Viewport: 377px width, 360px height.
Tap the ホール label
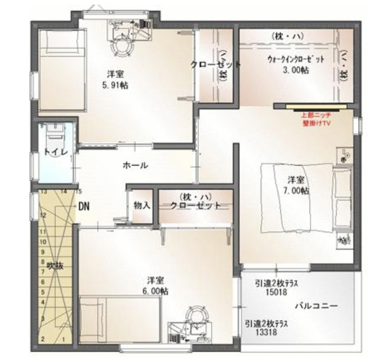click(x=136, y=165)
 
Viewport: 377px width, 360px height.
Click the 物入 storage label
click(x=141, y=206)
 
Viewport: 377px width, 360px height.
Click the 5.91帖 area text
click(x=115, y=85)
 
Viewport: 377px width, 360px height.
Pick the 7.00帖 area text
click(x=297, y=190)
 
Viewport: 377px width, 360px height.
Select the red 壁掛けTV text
click(x=317, y=123)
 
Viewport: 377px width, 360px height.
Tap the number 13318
click(x=266, y=332)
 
